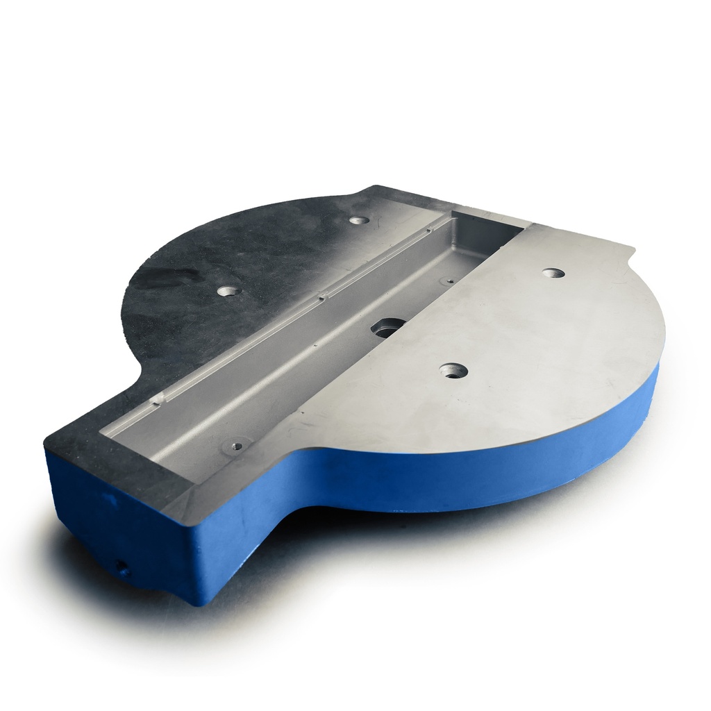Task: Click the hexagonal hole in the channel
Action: [389, 327]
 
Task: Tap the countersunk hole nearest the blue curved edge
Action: [453, 371]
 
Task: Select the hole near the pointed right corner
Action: [553, 273]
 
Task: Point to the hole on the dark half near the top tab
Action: [359, 220]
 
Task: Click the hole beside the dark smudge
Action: [229, 290]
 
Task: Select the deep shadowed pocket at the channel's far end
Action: [486, 233]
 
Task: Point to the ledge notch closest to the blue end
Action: [159, 399]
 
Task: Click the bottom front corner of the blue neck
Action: [198, 601]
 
